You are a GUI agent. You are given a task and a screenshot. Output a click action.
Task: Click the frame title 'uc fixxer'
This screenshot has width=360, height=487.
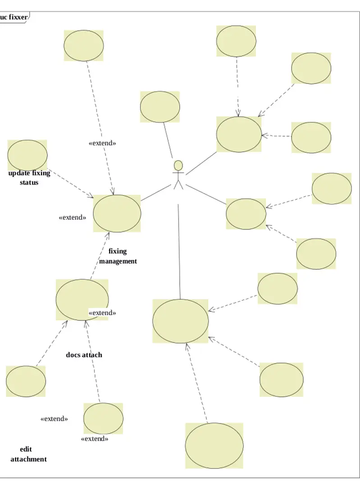click(14, 18)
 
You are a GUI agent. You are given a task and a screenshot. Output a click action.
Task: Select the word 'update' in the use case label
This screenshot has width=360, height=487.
click(19, 173)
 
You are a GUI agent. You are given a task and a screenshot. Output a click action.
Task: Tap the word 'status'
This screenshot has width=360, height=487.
click(29, 183)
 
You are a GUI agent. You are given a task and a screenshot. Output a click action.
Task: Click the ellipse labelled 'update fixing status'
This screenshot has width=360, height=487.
click(27, 155)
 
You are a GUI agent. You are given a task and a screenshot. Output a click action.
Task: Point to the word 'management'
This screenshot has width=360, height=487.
click(118, 261)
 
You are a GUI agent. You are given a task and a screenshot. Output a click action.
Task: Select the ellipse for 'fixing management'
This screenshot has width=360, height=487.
click(117, 214)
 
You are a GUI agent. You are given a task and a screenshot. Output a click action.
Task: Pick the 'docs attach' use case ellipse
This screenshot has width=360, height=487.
click(82, 299)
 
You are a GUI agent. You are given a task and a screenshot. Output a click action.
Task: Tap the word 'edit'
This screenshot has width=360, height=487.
click(26, 450)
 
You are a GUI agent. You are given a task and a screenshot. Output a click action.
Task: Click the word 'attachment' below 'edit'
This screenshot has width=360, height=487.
click(28, 459)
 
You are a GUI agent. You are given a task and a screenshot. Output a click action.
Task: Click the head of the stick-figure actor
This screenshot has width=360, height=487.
click(178, 165)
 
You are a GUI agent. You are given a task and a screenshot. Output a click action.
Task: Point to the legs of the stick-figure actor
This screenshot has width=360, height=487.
click(178, 185)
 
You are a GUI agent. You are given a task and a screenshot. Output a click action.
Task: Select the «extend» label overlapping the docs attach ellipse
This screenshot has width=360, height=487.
click(102, 312)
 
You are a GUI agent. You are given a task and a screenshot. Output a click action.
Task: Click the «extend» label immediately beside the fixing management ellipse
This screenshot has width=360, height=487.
click(73, 217)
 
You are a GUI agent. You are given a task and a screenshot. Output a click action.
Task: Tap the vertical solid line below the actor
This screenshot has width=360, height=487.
click(179, 253)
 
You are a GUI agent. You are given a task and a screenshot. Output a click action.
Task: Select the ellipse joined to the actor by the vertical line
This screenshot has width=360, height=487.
click(180, 321)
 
